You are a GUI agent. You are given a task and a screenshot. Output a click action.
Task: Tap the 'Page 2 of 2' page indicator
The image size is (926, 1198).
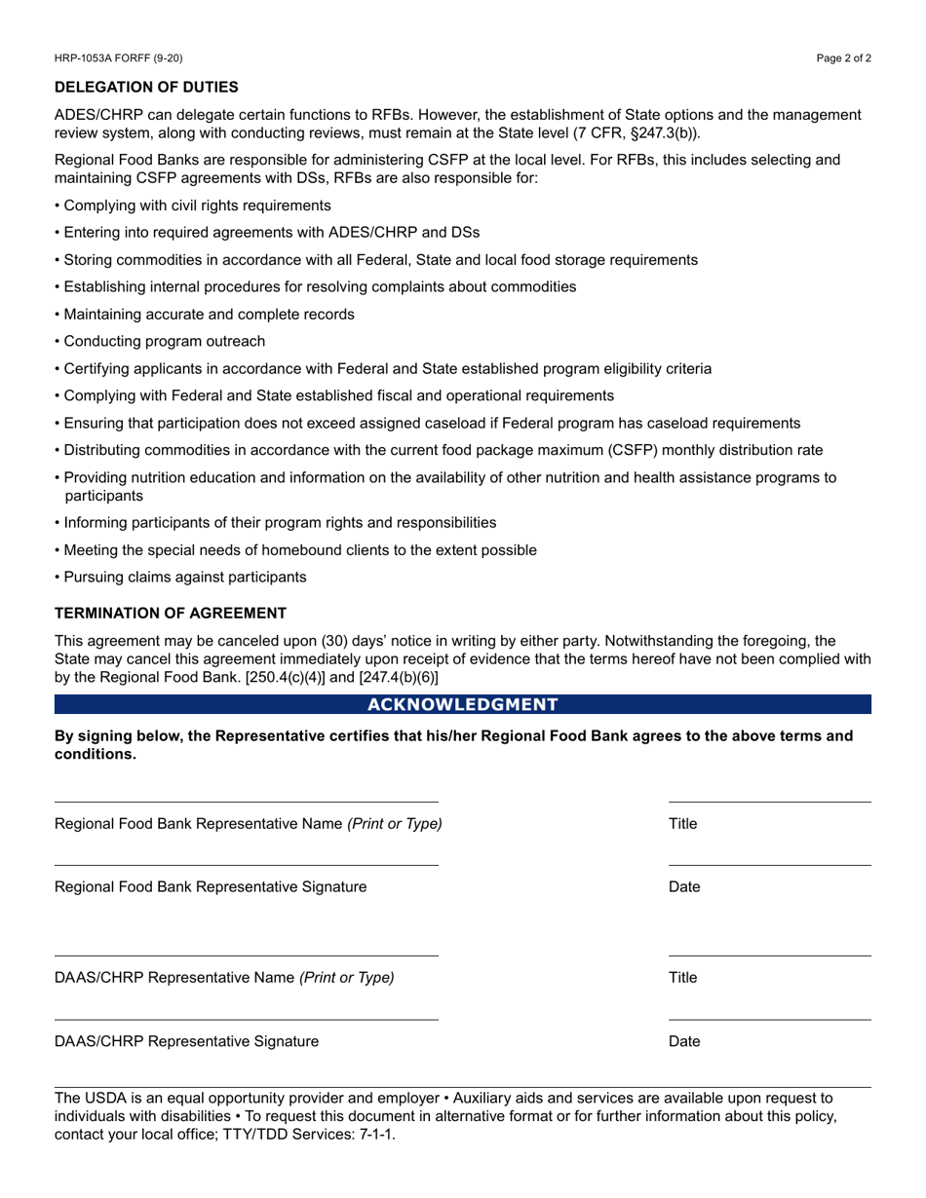(x=843, y=58)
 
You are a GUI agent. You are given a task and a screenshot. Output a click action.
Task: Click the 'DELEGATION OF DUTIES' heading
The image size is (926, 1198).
(x=146, y=88)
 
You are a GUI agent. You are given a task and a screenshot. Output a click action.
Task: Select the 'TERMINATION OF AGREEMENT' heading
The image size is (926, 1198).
(x=171, y=613)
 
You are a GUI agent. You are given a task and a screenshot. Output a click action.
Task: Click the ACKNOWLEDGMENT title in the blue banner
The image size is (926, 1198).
(x=463, y=704)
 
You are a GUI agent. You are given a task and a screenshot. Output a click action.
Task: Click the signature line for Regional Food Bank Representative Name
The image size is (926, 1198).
(x=246, y=802)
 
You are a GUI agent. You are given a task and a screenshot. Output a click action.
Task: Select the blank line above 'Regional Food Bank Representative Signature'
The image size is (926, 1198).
(x=246, y=864)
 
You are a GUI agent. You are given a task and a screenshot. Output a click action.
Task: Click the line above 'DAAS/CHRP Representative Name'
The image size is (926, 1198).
(x=246, y=955)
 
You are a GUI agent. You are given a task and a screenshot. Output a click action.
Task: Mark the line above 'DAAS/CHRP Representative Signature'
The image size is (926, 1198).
(x=246, y=1019)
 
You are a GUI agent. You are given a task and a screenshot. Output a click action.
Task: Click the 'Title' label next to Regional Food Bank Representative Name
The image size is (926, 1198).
(x=682, y=824)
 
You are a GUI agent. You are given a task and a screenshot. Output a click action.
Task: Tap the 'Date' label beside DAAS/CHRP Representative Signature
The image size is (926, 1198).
(x=684, y=1041)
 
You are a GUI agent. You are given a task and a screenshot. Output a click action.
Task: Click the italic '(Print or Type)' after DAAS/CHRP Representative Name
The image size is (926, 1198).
(x=347, y=978)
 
